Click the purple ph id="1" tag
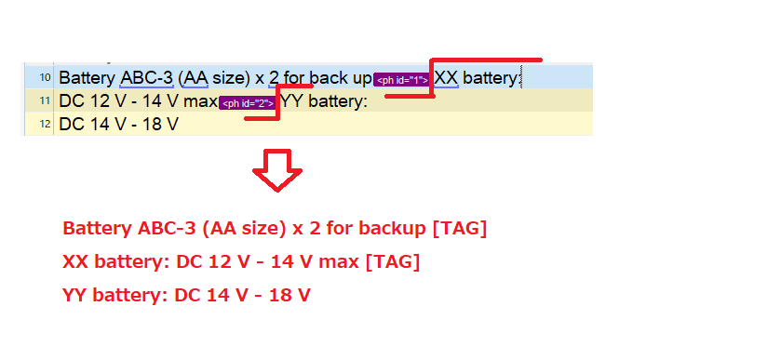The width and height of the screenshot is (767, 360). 402,79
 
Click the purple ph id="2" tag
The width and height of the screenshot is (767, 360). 248,102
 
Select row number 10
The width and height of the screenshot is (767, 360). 45,78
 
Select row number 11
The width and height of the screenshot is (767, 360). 45,101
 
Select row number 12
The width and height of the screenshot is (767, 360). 45,124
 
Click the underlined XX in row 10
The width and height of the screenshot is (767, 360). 447,78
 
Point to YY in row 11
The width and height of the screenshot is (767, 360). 291,101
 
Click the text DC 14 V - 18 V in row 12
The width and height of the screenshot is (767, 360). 118,124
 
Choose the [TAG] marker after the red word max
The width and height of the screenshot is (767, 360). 392,262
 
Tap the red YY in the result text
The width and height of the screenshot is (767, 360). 75,296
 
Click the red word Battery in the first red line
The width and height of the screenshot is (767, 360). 96,228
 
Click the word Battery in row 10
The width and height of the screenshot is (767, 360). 88,78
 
